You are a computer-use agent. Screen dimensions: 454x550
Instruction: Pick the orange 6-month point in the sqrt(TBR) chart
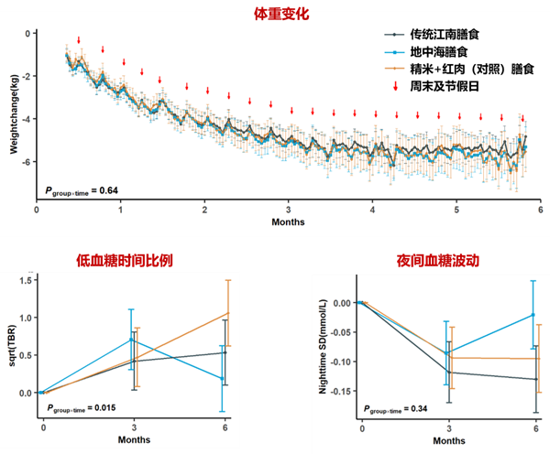pyautogui.click(x=228, y=313)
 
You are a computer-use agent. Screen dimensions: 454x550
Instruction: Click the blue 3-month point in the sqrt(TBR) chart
pyautogui.click(x=132, y=340)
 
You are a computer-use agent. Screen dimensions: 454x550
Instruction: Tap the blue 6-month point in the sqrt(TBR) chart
pyautogui.click(x=222, y=379)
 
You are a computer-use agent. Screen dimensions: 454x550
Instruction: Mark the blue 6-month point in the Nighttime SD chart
pyautogui.click(x=533, y=315)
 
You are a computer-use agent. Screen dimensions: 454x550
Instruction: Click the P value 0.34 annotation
pyautogui.click(x=402, y=409)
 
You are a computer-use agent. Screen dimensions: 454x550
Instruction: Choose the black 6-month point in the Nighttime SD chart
pyautogui.click(x=536, y=379)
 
